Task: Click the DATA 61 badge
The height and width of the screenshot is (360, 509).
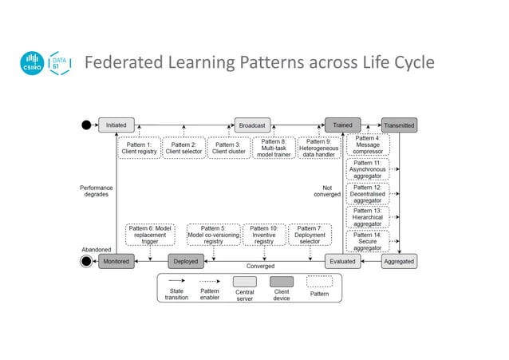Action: pyautogui.click(x=59, y=64)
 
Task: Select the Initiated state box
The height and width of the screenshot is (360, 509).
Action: pyautogui.click(x=115, y=125)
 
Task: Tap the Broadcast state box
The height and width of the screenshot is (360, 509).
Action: pyautogui.click(x=252, y=125)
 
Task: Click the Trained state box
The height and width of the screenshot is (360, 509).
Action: pyautogui.click(x=342, y=125)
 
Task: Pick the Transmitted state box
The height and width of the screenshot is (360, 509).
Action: pyautogui.click(x=398, y=125)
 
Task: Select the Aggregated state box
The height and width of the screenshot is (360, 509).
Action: pyautogui.click(x=398, y=260)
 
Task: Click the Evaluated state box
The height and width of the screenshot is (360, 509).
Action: pyautogui.click(x=341, y=260)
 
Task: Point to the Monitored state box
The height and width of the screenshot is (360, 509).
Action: pyautogui.click(x=116, y=260)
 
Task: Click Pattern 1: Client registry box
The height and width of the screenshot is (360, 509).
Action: pyautogui.click(x=139, y=148)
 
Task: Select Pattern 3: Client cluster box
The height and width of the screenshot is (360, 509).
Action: pyautogui.click(x=230, y=148)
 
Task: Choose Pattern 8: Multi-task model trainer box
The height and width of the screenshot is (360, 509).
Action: pyautogui.click(x=274, y=148)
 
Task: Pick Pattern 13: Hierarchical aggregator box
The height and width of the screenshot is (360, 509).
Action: pyautogui.click(x=368, y=216)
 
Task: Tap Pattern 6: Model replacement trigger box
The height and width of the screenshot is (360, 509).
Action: pyautogui.click(x=149, y=235)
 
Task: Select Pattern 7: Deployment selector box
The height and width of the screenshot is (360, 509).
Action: pyautogui.click(x=309, y=235)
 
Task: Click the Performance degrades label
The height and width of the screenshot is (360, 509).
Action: pyautogui.click(x=97, y=191)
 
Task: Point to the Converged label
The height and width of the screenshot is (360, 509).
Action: pyautogui.click(x=260, y=266)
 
